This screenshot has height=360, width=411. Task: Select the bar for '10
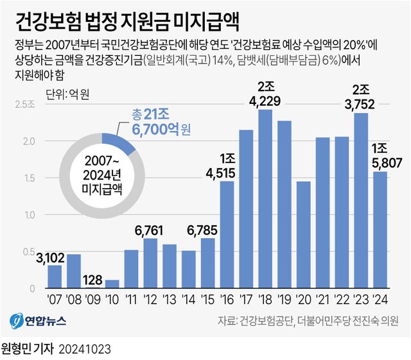coord(112,284)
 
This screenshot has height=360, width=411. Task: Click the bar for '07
coord(55,277)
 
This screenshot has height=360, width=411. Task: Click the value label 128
coord(92,281)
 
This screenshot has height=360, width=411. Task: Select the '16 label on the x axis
coord(227,300)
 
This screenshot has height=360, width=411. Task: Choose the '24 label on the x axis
coord(380,300)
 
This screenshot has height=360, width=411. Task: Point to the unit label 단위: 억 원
coord(67,95)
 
